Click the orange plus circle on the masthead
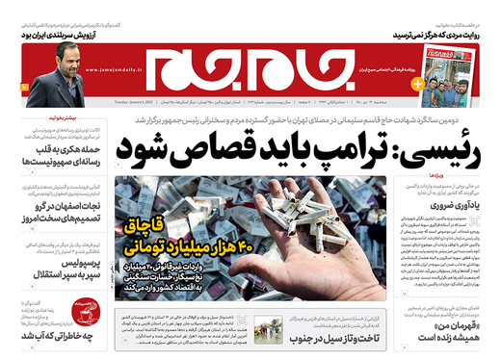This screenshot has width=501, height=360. click(x=416, y=84)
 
